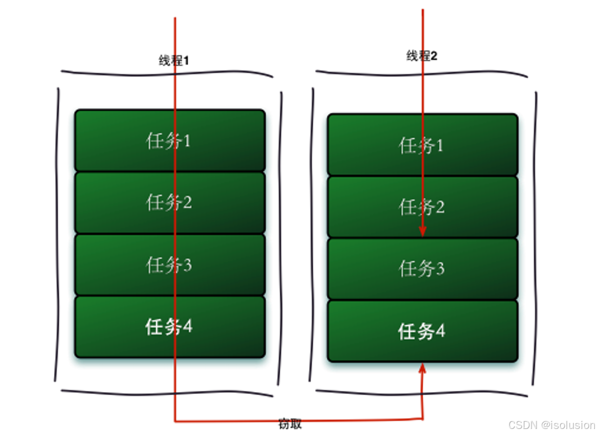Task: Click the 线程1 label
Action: tap(174, 61)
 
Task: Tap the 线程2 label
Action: tap(422, 56)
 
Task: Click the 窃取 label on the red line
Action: tap(290, 424)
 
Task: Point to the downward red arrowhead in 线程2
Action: tap(422, 232)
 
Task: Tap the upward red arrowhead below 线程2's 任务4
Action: tap(422, 370)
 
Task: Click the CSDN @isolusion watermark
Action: tap(552, 425)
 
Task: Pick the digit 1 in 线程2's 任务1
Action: tap(439, 145)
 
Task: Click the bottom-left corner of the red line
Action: tap(175, 420)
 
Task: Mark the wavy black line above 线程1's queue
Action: tap(167, 74)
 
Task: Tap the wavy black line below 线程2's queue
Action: tap(421, 393)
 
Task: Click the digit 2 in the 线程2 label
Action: tap(434, 56)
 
